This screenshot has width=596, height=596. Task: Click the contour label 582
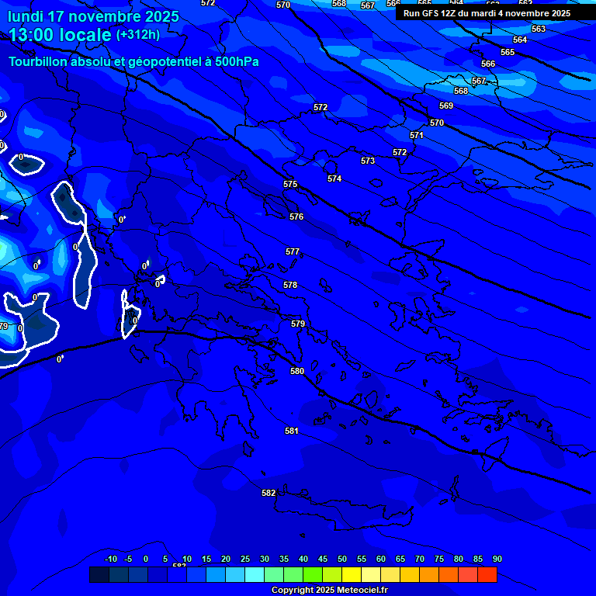pyautogui.click(x=269, y=493)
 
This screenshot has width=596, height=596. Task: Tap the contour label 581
pyautogui.click(x=291, y=431)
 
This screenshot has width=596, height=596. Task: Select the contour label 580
pyautogui.click(x=297, y=371)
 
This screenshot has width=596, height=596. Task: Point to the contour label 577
pyautogui.click(x=292, y=252)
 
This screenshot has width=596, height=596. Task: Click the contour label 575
pyautogui.click(x=290, y=185)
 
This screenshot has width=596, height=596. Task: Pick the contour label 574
pyautogui.click(x=334, y=178)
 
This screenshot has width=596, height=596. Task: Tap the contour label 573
pyautogui.click(x=368, y=161)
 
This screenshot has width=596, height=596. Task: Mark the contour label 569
pyautogui.click(x=446, y=106)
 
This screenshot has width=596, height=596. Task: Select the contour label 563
pyautogui.click(x=539, y=29)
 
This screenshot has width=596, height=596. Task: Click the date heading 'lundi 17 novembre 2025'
pyautogui.click(x=93, y=16)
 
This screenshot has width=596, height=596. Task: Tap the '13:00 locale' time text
pyautogui.click(x=60, y=35)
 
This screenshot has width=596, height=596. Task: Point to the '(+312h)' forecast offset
pyautogui.click(x=138, y=35)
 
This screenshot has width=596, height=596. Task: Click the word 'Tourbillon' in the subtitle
pyautogui.click(x=38, y=62)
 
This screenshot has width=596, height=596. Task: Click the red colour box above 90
pyautogui.click(x=487, y=575)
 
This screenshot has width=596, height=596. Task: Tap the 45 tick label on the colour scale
pyautogui.click(x=323, y=560)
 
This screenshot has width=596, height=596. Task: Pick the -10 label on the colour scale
pyautogui.click(x=111, y=560)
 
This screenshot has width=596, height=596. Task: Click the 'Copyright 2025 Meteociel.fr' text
pyautogui.click(x=329, y=590)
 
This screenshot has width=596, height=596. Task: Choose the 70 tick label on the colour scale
pyautogui.click(x=420, y=560)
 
